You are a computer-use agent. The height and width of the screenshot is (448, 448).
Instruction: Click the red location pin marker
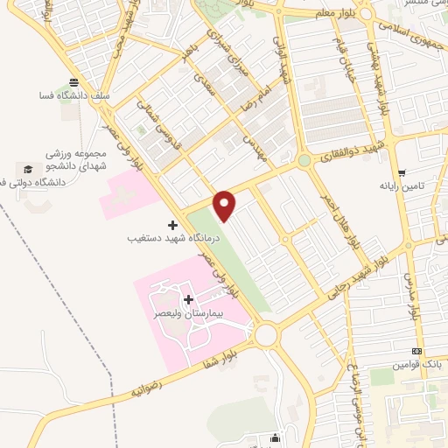(225, 205)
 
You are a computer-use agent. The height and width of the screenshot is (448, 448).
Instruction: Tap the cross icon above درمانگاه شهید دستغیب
(172, 225)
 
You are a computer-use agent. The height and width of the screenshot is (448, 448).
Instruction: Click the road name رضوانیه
(148, 384)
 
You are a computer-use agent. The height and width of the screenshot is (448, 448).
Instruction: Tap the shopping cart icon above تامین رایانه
(402, 172)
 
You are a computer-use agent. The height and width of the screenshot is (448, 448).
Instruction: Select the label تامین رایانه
(402, 186)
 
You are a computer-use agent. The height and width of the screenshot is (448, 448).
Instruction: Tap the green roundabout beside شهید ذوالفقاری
(304, 161)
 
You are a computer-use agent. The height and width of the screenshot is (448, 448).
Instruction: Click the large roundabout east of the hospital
(266, 334)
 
